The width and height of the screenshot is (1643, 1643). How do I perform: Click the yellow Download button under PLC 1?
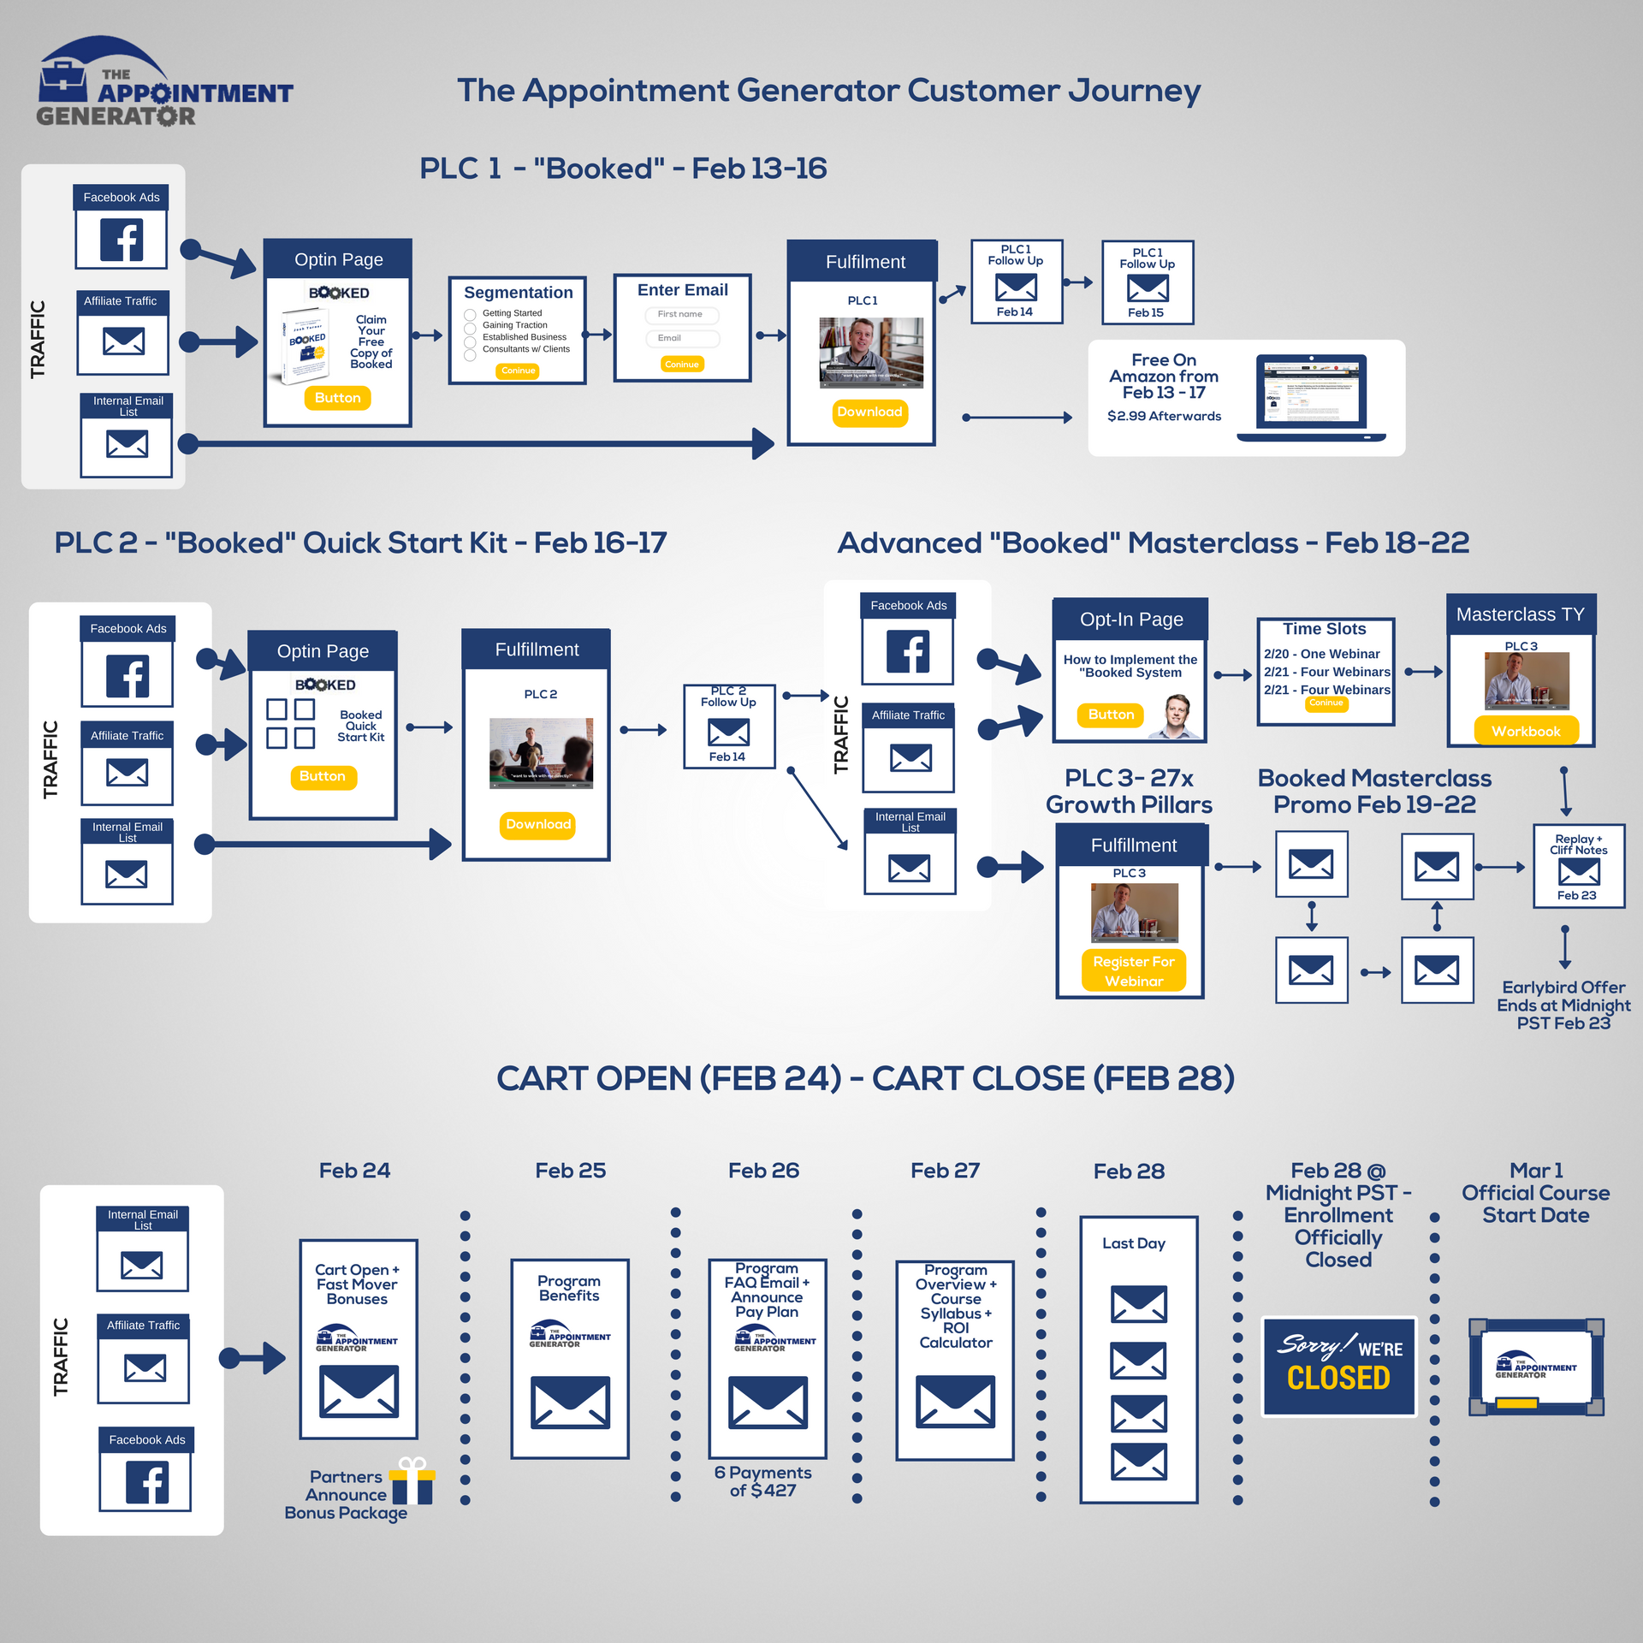pyautogui.click(x=869, y=412)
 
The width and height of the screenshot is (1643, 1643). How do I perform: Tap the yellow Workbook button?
pyautogui.click(x=1525, y=732)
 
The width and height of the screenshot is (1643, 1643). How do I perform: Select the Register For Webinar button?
pyautogui.click(x=1133, y=971)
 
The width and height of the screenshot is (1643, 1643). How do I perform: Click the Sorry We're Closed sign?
pyautogui.click(x=1338, y=1367)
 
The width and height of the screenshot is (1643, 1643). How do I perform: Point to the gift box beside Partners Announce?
pyautogui.click(x=412, y=1482)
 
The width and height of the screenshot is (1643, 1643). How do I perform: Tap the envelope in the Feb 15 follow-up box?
pyautogui.click(x=1148, y=288)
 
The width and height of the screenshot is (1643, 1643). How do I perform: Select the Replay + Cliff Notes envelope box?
pyautogui.click(x=1578, y=867)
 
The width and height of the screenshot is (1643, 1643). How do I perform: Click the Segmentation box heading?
pyautogui.click(x=518, y=293)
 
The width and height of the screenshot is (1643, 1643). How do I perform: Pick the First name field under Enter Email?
pyautogui.click(x=681, y=315)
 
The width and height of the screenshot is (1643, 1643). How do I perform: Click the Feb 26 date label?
pyautogui.click(x=763, y=1171)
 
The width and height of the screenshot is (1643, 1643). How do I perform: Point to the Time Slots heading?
pyautogui.click(x=1324, y=629)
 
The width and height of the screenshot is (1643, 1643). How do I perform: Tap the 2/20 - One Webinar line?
pyautogui.click(x=1321, y=654)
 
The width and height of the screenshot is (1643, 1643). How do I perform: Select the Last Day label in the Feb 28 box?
pyautogui.click(x=1133, y=1243)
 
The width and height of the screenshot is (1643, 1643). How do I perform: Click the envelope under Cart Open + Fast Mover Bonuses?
pyautogui.click(x=359, y=1391)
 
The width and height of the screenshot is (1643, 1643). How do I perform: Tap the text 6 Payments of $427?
pyautogui.click(x=762, y=1481)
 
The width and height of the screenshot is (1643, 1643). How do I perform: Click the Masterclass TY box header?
pyautogui.click(x=1520, y=614)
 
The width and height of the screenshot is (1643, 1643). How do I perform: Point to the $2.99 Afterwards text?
pyautogui.click(x=1164, y=417)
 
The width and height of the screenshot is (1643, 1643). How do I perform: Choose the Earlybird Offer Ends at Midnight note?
pyautogui.click(x=1563, y=1005)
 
